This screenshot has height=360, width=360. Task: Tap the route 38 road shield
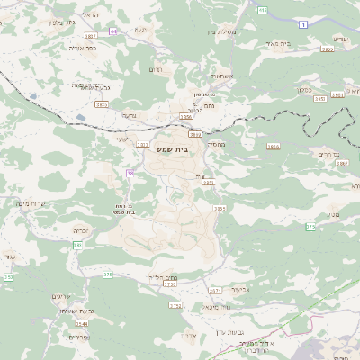(x=130, y=172)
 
